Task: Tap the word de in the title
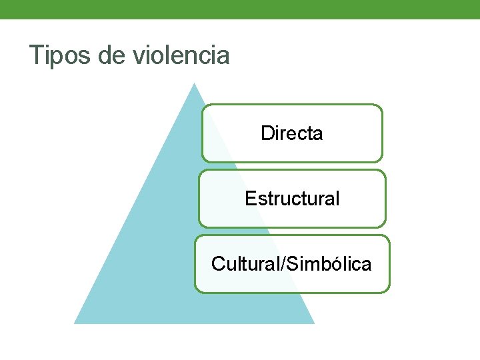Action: click(x=111, y=56)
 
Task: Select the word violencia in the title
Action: click(x=181, y=56)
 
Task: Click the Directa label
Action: click(x=292, y=133)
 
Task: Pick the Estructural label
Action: click(x=292, y=199)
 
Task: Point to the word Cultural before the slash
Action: click(x=246, y=264)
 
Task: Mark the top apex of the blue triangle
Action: click(x=194, y=83)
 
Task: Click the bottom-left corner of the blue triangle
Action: click(x=75, y=323)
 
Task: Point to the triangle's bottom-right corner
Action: click(x=313, y=323)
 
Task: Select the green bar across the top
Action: click(x=240, y=9)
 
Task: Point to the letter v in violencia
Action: click(x=137, y=57)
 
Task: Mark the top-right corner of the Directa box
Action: click(x=382, y=105)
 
